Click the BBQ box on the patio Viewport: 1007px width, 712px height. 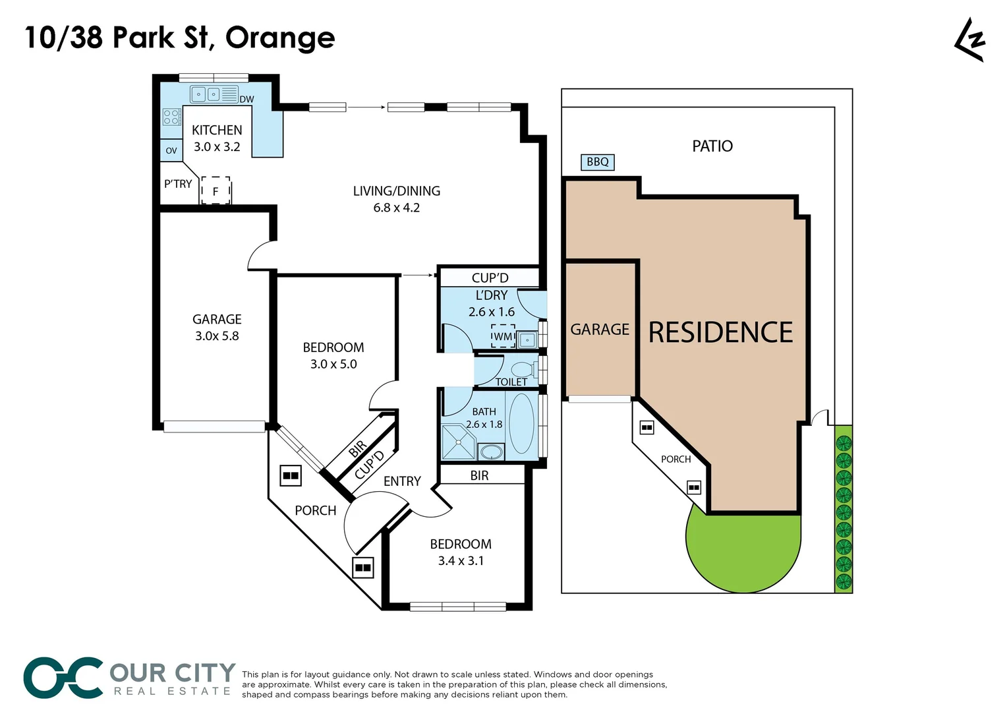597,162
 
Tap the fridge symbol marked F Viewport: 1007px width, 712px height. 216,191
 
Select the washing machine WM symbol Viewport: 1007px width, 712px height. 503,336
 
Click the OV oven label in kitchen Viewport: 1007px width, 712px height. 171,150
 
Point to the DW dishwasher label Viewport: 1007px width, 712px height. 246,100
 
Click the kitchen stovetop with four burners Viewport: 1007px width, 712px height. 171,117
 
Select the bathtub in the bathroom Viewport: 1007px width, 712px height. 522,423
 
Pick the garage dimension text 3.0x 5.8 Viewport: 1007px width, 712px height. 217,336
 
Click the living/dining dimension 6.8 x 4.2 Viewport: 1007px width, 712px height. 396,208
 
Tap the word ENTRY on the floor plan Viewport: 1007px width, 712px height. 402,481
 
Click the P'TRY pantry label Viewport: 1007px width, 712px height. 178,184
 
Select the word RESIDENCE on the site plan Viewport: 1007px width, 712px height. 720,332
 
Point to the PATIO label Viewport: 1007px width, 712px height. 712,146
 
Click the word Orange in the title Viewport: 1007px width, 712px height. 280,38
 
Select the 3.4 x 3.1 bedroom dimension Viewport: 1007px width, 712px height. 461,561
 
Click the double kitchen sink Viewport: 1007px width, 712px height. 206,94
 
